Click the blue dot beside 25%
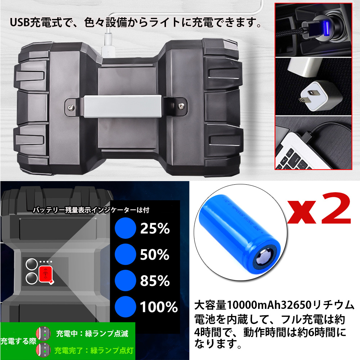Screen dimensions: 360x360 pos(125,228)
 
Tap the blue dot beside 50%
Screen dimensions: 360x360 pos(125,254)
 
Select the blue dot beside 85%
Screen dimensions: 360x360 pos(125,280)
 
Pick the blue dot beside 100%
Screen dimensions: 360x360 pos(125,307)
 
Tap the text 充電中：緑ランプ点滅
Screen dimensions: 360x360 pos(92,333)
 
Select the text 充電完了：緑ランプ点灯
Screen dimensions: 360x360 pos(92,349)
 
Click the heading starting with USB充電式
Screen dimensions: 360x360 pos(135,24)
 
